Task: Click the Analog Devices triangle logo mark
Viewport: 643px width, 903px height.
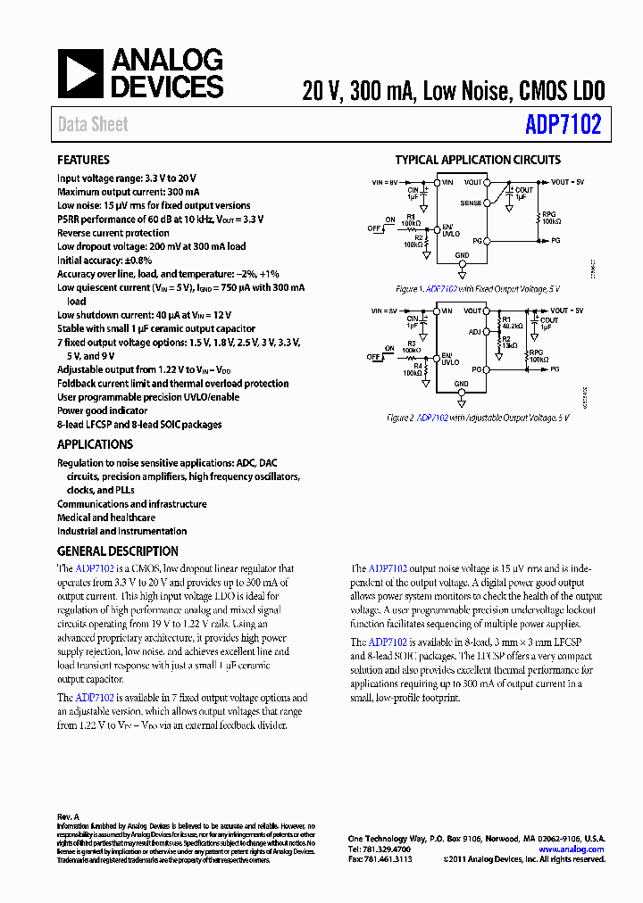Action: click(81, 73)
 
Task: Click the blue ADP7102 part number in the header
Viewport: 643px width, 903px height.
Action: click(565, 125)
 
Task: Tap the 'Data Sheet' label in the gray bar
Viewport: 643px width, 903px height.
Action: click(93, 125)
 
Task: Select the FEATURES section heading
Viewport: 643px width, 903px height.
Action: click(83, 161)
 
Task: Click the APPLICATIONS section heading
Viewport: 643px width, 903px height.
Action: click(95, 444)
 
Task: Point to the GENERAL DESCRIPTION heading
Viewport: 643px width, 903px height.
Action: click(117, 551)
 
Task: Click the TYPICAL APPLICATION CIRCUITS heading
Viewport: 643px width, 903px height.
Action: click(478, 161)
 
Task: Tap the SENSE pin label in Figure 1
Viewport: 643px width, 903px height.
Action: click(471, 203)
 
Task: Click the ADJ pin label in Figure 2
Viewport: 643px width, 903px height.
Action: click(474, 331)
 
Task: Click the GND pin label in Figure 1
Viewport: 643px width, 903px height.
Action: click(462, 255)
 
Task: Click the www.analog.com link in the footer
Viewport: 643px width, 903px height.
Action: click(572, 849)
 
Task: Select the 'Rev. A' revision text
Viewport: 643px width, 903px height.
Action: click(68, 816)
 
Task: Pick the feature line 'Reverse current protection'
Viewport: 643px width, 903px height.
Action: click(113, 233)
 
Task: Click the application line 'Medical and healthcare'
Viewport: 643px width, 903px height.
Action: click(105, 518)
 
